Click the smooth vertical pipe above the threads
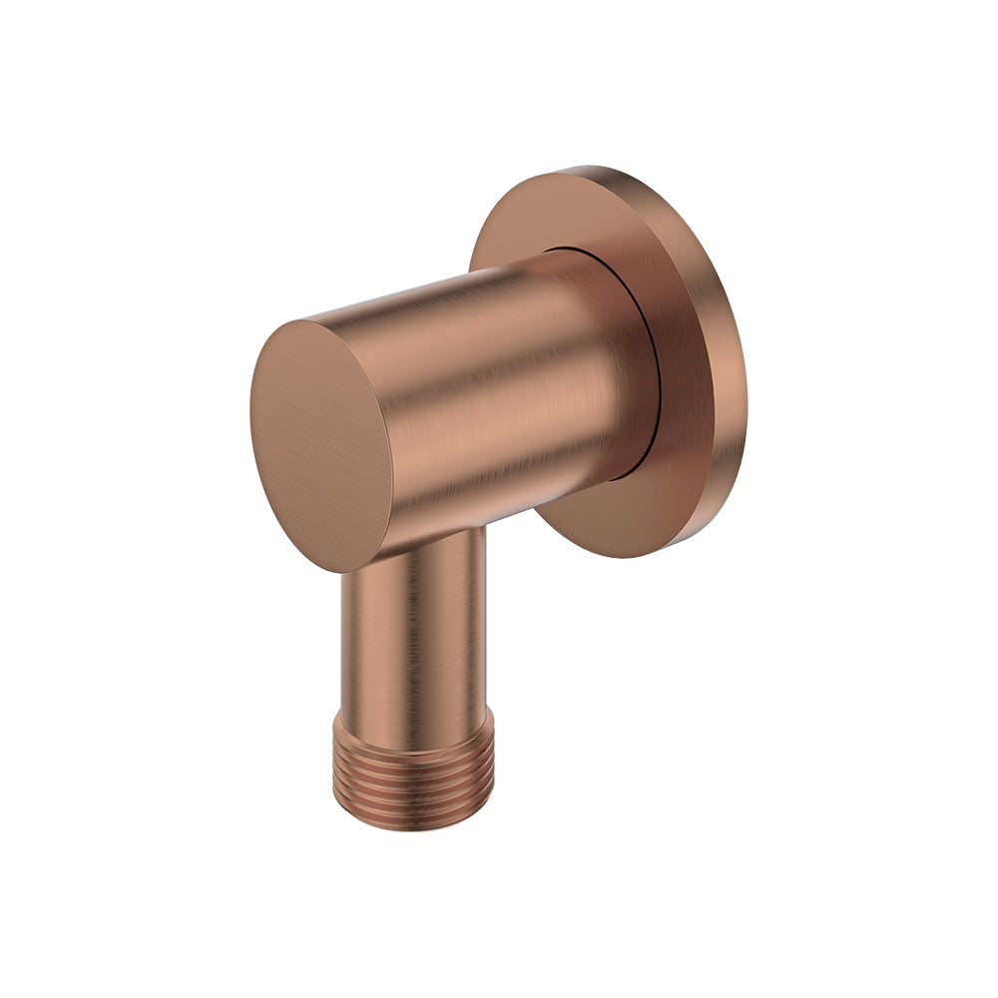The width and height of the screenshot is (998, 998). tap(413, 629)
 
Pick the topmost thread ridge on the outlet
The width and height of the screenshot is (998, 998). tap(413, 734)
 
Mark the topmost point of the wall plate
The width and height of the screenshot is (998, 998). tap(589, 167)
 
